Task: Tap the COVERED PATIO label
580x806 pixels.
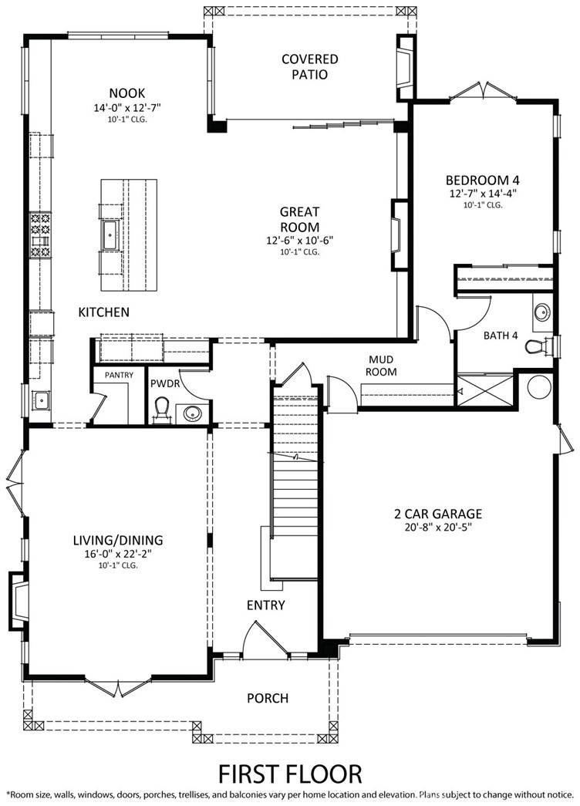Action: click(x=309, y=67)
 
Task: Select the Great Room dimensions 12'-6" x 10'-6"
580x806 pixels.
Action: click(x=299, y=240)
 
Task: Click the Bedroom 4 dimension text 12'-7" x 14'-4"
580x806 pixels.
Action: click(x=483, y=194)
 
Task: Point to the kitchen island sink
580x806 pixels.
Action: click(x=110, y=231)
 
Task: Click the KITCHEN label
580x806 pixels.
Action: click(x=103, y=312)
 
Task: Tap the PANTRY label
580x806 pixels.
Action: click(x=113, y=376)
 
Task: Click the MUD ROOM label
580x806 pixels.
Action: click(x=382, y=366)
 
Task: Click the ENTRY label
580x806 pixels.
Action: click(x=265, y=605)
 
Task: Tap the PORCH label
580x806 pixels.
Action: click(x=268, y=698)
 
